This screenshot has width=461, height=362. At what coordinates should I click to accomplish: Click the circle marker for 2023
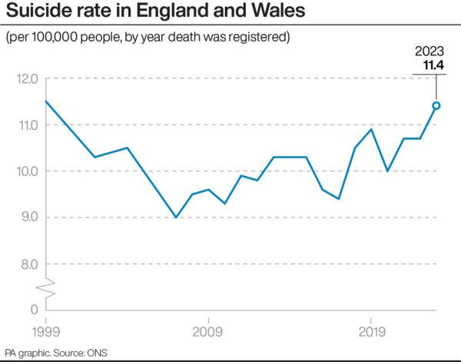(x=436, y=106)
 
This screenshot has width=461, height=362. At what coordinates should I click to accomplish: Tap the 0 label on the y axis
(x=33, y=309)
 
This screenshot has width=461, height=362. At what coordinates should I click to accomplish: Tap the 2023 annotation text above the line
(x=430, y=51)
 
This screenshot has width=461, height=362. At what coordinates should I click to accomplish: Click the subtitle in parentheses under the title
(x=148, y=37)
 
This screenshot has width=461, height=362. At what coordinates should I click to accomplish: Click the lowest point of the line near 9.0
(x=176, y=218)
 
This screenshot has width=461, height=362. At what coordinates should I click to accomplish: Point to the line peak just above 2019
(x=371, y=129)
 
